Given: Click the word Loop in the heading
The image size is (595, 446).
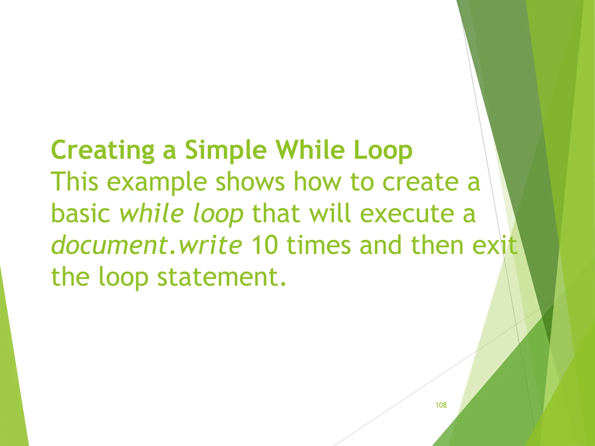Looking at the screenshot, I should [x=383, y=150].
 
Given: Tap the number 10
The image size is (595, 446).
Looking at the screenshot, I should [x=264, y=245].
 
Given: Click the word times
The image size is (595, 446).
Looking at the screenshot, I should [x=319, y=245].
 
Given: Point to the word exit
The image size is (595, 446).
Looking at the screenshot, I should [x=495, y=245].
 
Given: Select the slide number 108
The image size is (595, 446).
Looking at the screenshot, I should [x=441, y=405].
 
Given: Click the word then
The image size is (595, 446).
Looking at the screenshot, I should [x=437, y=245].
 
